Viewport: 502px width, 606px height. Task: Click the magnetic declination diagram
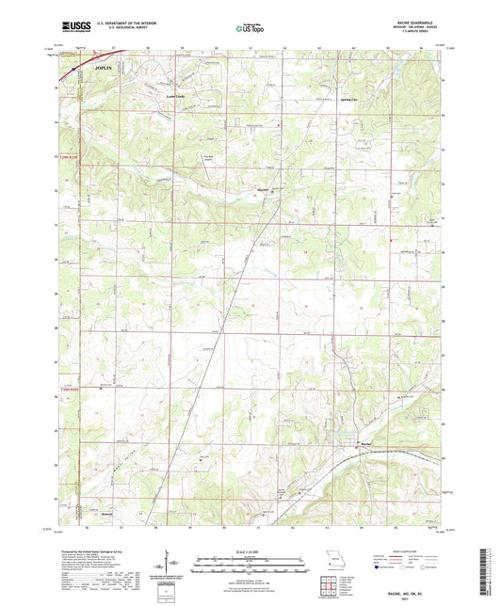170,565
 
